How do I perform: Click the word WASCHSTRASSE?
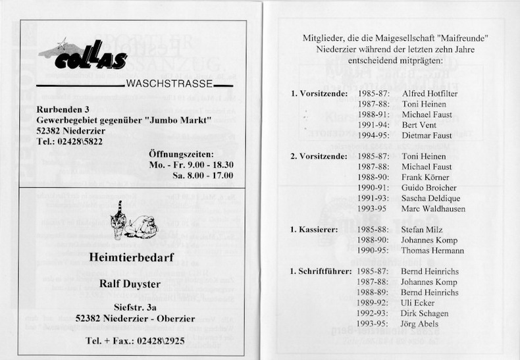point(169,84)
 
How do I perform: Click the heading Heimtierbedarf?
point(131,257)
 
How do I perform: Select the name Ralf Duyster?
point(131,284)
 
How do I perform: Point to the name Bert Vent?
point(419,125)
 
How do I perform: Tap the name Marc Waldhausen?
point(432,209)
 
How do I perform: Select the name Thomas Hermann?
point(432,251)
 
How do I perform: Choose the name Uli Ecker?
point(417,303)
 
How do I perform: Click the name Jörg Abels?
point(419,324)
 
